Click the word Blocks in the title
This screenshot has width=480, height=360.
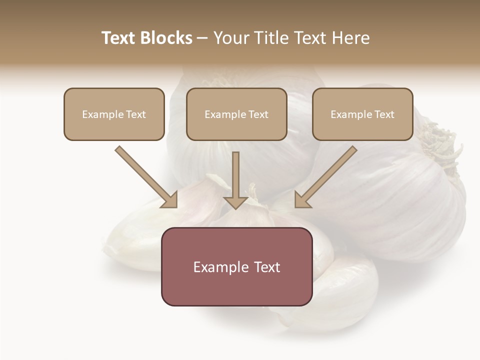click(x=166, y=38)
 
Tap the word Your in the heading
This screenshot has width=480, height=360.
click(x=231, y=38)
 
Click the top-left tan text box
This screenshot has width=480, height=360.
click(x=114, y=114)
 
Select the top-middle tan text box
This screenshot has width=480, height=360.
click(x=236, y=114)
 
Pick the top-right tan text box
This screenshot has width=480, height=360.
click(x=362, y=114)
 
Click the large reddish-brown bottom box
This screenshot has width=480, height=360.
click(x=236, y=266)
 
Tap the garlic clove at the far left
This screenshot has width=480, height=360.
click(x=132, y=235)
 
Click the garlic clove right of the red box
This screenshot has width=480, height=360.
click(x=345, y=290)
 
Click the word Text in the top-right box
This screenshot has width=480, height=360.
click(x=384, y=114)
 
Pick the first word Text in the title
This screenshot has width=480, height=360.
click(x=119, y=38)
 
